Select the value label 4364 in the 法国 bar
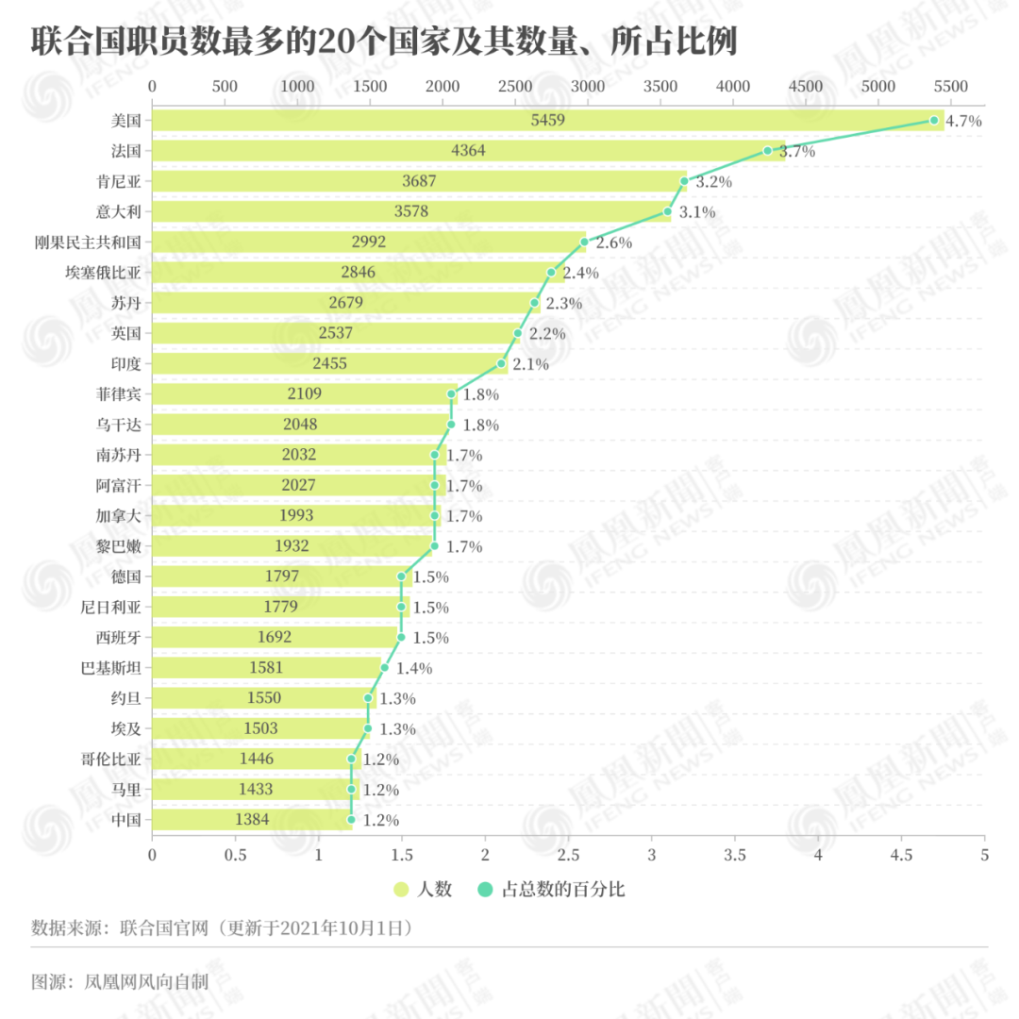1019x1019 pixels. pyautogui.click(x=468, y=151)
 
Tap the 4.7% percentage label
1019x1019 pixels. pyautogui.click(x=963, y=121)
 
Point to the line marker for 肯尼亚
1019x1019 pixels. pyautogui.click(x=684, y=181)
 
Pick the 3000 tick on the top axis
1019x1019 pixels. pyautogui.click(x=588, y=86)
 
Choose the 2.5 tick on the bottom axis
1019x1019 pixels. pyautogui.click(x=568, y=855)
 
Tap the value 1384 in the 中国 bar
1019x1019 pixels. pyautogui.click(x=252, y=820)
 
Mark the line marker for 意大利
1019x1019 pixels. pyautogui.click(x=668, y=211)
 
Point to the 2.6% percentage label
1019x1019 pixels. pyautogui.click(x=613, y=242)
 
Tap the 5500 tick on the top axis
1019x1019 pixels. pyautogui.click(x=950, y=86)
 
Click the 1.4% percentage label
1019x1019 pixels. pyautogui.click(x=413, y=668)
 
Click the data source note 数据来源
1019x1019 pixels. pyautogui.click(x=223, y=927)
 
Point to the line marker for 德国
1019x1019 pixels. pyautogui.click(x=402, y=576)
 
